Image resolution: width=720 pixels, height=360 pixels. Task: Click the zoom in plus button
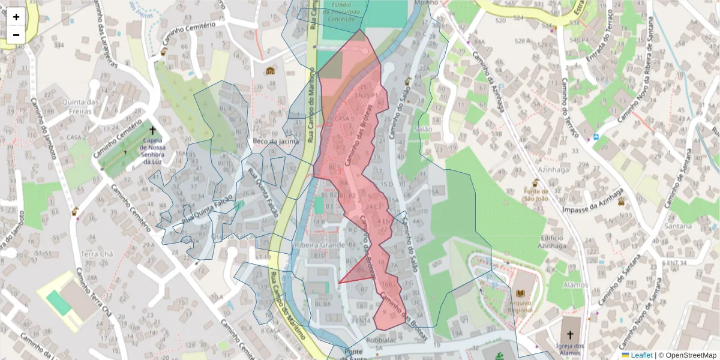click(16, 17)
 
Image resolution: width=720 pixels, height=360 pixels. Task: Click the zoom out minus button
click(16, 35)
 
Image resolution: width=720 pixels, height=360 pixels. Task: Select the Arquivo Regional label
click(520, 307)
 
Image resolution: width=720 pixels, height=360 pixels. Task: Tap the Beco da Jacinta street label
click(275, 142)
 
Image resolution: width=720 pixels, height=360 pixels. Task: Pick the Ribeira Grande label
click(319, 245)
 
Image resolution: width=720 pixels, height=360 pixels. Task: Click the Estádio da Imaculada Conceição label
click(344, 11)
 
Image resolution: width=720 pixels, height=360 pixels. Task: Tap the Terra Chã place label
click(97, 254)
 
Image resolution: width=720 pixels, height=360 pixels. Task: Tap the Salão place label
click(423, 129)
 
